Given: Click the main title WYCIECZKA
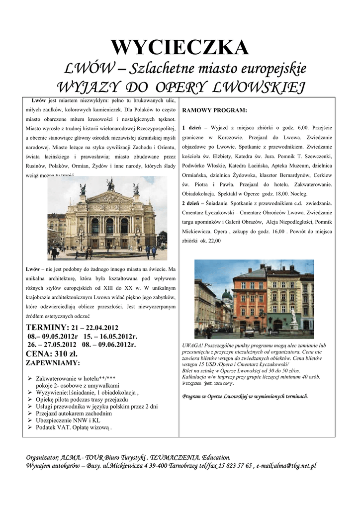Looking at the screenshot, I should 180,48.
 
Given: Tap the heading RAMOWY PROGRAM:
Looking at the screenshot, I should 214,110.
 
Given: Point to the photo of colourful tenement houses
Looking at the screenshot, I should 254,299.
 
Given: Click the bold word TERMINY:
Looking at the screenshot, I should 47,327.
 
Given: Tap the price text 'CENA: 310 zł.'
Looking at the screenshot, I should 52,354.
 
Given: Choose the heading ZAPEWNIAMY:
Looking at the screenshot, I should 52,363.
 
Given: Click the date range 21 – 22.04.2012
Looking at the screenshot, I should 95,328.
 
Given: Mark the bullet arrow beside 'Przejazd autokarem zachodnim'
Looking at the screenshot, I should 30,414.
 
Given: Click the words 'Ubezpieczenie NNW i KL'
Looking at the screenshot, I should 68,420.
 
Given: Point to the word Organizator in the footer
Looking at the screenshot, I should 42,457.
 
